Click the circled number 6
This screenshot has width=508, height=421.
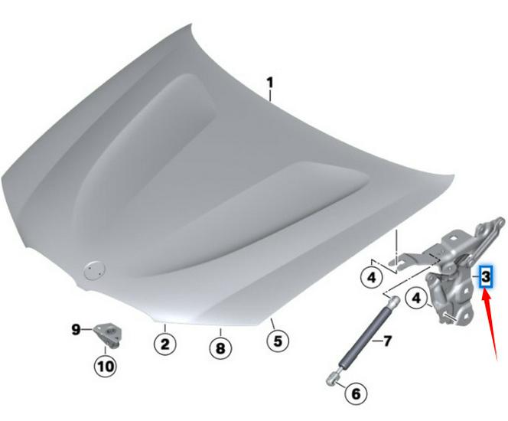click(354, 394)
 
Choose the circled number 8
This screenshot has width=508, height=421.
click(220, 348)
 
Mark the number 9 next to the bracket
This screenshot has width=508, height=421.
click(77, 330)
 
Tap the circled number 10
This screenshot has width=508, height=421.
click(105, 365)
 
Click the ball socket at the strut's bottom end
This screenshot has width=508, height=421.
click(333, 376)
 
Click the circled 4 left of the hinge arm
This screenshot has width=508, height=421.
click(371, 276)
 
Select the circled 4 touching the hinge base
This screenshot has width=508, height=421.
click(417, 297)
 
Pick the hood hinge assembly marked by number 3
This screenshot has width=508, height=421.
click(451, 276)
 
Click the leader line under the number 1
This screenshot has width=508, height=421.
click(271, 95)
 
